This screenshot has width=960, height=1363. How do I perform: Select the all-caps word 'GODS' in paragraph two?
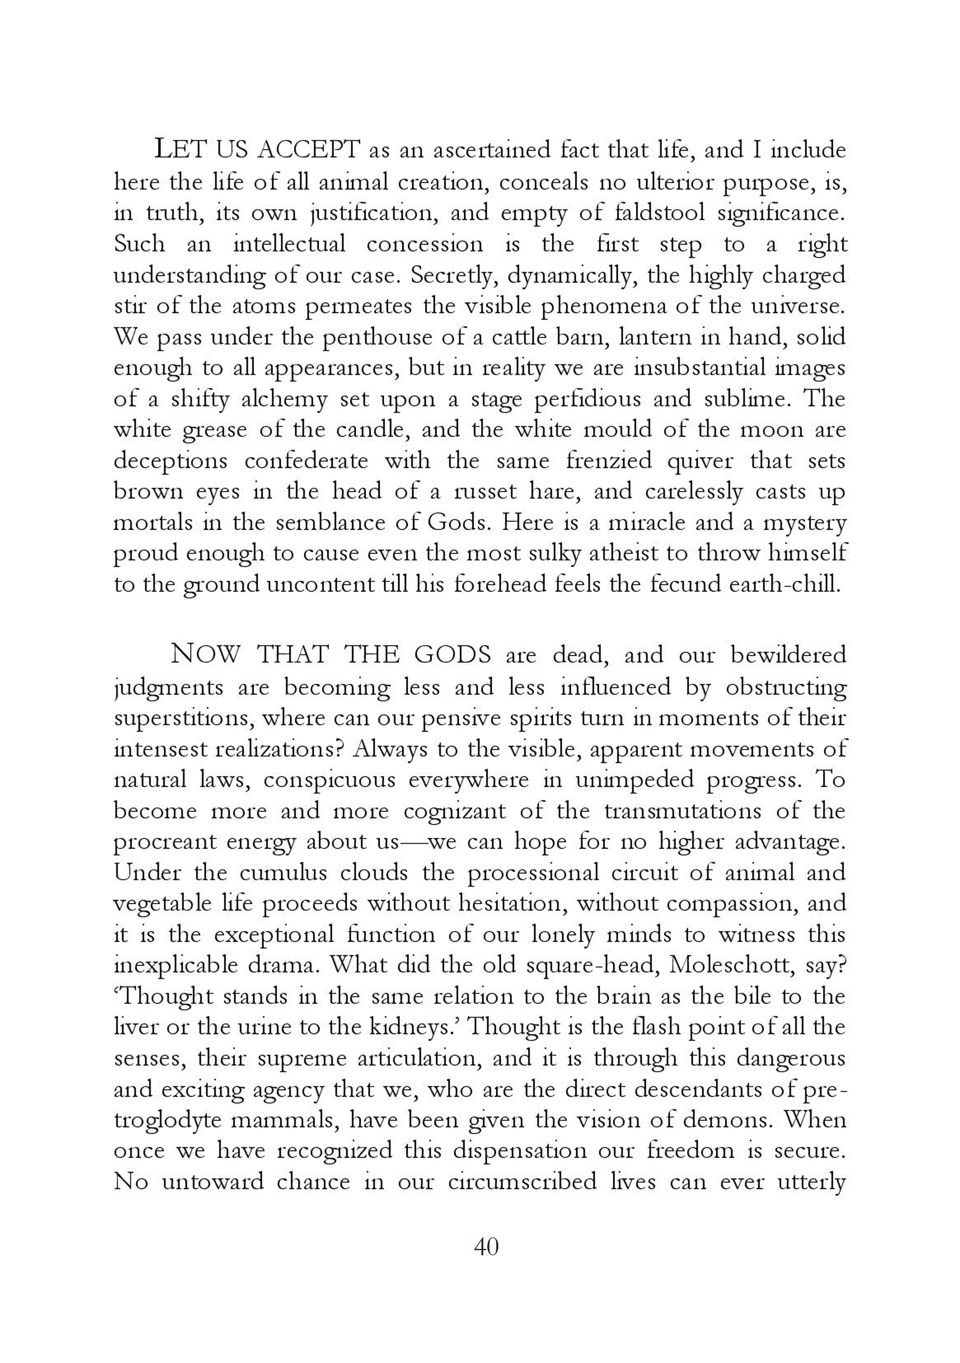[452, 655]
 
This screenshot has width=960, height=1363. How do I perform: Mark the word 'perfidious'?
[587, 399]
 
